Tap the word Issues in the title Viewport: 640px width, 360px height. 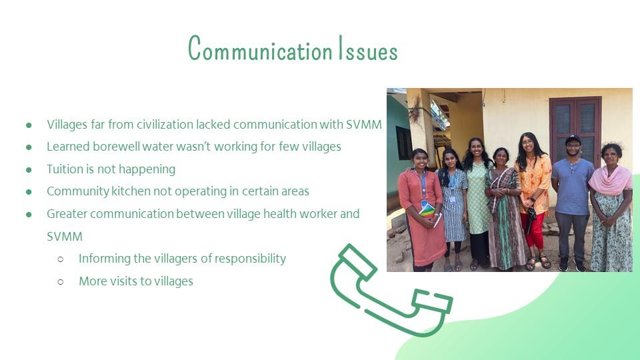pyautogui.click(x=369, y=49)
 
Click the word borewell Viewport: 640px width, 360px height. pyautogui.click(x=116, y=147)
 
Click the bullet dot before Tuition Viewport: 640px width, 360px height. pyautogui.click(x=29, y=169)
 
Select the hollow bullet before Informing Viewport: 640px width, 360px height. pyautogui.click(x=61, y=259)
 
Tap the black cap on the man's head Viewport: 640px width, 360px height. pyautogui.click(x=573, y=139)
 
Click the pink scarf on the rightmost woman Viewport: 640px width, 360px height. pyautogui.click(x=610, y=180)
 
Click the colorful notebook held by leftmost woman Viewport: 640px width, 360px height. pyautogui.click(x=427, y=211)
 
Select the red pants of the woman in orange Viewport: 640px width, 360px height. pyautogui.click(x=532, y=230)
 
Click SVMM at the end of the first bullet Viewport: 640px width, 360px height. pyautogui.click(x=364, y=124)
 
